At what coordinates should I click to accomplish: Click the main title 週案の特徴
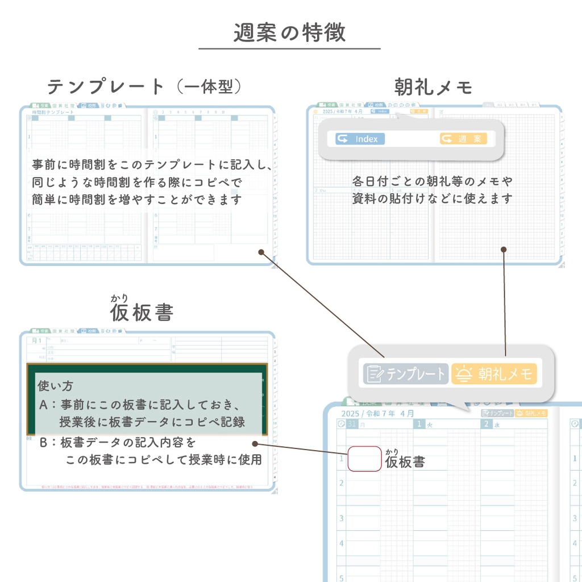click(289, 33)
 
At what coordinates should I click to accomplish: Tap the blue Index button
click(360, 139)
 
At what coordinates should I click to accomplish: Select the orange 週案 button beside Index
click(463, 139)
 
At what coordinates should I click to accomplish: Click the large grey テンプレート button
click(406, 374)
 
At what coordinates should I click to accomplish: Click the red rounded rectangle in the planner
click(364, 459)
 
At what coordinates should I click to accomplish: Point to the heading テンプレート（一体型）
click(145, 86)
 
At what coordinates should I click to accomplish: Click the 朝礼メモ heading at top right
click(433, 87)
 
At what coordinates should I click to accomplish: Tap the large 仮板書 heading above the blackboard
click(142, 312)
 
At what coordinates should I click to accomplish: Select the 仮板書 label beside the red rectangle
click(405, 461)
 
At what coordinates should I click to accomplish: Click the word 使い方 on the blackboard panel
click(55, 386)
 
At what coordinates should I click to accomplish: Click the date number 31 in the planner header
click(352, 424)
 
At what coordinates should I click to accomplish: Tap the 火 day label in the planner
click(430, 424)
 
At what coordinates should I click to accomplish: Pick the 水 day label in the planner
click(497, 424)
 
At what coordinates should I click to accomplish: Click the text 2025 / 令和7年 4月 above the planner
click(377, 414)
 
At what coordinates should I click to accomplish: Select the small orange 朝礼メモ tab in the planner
click(531, 414)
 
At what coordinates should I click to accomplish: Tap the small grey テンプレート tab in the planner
click(497, 414)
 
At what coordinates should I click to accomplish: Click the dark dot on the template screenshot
click(261, 252)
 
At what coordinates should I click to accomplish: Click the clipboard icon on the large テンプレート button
click(374, 374)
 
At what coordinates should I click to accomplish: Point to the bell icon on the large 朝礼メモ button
click(465, 374)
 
